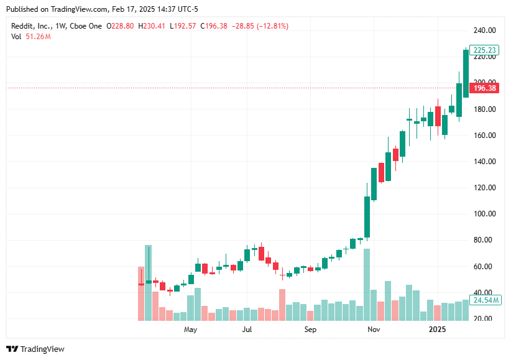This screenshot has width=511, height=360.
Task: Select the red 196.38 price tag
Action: pos(484,88)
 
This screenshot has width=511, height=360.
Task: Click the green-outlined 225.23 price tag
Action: pos(484,50)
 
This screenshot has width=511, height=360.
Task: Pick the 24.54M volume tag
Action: pos(484,300)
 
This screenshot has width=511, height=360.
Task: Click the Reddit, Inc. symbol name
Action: pos(32,26)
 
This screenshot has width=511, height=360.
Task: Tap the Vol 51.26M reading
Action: pos(30,37)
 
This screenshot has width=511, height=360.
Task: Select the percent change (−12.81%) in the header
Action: pos(272,26)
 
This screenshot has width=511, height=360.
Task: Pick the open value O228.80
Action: pos(120,26)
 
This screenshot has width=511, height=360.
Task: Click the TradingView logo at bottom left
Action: pos(35,349)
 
